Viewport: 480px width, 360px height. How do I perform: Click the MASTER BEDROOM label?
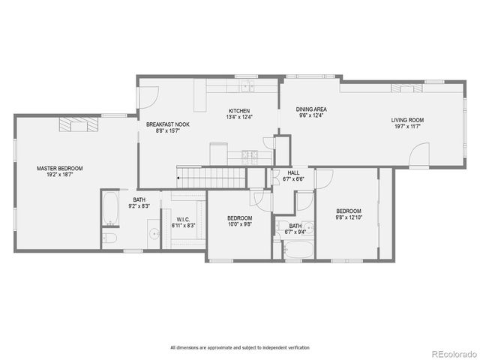tap(60, 169)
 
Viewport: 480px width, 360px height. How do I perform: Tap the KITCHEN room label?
tap(240, 110)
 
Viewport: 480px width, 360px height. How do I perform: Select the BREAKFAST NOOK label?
tap(163, 124)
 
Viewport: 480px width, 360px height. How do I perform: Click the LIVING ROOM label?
tap(407, 120)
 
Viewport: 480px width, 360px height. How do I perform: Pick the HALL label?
tap(294, 173)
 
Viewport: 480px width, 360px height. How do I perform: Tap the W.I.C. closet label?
tap(182, 219)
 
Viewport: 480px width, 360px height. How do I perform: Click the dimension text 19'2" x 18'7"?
tap(60, 175)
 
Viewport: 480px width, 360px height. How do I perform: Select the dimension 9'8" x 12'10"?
tap(349, 217)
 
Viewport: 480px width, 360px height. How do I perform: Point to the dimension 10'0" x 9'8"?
tap(240, 224)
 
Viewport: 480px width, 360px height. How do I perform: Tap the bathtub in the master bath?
tap(111, 208)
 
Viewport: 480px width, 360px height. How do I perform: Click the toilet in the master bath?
tap(109, 238)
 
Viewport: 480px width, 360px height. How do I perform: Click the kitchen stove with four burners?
tap(250, 156)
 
